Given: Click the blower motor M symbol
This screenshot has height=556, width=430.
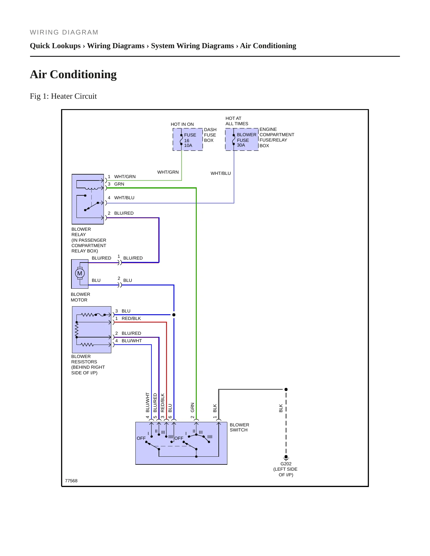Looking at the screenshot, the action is click(x=80, y=273).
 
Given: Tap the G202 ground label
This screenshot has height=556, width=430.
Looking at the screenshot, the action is click(x=286, y=464).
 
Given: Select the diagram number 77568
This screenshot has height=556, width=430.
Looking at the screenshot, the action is click(x=71, y=481).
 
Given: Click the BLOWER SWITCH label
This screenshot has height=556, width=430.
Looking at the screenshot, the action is click(x=239, y=427).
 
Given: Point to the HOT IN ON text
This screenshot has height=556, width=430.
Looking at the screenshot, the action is click(x=182, y=124).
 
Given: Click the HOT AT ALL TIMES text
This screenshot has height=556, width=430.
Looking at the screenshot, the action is click(x=237, y=121).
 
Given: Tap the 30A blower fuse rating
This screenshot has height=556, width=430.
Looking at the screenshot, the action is click(x=241, y=145).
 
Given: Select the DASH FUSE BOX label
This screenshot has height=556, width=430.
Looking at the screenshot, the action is click(x=210, y=135).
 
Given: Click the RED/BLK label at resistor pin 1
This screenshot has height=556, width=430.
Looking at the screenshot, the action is click(x=131, y=318).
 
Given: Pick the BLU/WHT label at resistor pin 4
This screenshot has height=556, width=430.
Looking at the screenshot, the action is click(x=132, y=341).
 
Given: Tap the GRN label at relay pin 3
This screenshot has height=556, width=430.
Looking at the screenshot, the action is click(x=119, y=184).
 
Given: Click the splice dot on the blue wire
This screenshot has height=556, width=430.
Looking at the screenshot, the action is click(x=174, y=315).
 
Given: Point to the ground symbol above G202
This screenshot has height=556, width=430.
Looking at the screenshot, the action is click(x=286, y=458).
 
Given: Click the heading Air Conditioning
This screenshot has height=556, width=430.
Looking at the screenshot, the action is click(x=73, y=74).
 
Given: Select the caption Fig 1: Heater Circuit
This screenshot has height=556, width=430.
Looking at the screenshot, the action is click(x=63, y=96).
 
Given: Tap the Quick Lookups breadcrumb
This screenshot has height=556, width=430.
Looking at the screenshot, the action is click(x=55, y=46).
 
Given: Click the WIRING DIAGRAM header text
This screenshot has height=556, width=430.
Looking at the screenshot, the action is click(x=64, y=32).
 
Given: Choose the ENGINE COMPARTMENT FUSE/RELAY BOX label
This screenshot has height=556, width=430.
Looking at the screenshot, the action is click(x=277, y=137).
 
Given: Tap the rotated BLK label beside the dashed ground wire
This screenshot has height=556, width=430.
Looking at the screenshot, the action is click(x=281, y=408).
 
